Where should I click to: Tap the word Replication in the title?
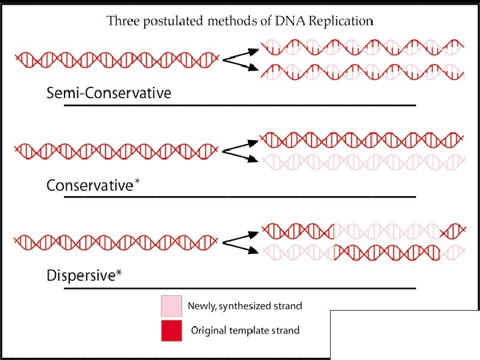click(341, 21)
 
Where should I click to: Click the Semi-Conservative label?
click(109, 93)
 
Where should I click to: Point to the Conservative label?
click(90, 185)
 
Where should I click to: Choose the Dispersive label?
click(81, 275)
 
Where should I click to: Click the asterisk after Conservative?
click(137, 181)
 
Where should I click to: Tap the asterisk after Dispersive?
click(119, 272)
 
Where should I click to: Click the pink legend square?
click(171, 306)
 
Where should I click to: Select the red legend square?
click(171, 331)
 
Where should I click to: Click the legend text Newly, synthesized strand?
click(245, 306)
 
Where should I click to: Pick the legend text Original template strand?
click(245, 331)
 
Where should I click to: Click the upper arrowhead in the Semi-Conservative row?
click(253, 52)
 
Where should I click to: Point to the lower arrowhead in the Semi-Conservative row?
click(253, 67)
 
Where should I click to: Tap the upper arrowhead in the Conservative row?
click(253, 143)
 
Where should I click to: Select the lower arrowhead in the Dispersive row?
click(253, 251)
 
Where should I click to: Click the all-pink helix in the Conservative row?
click(364, 162)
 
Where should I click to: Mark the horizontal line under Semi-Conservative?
click(240, 105)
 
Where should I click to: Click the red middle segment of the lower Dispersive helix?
click(387, 253)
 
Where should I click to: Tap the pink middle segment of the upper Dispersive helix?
click(387, 231)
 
